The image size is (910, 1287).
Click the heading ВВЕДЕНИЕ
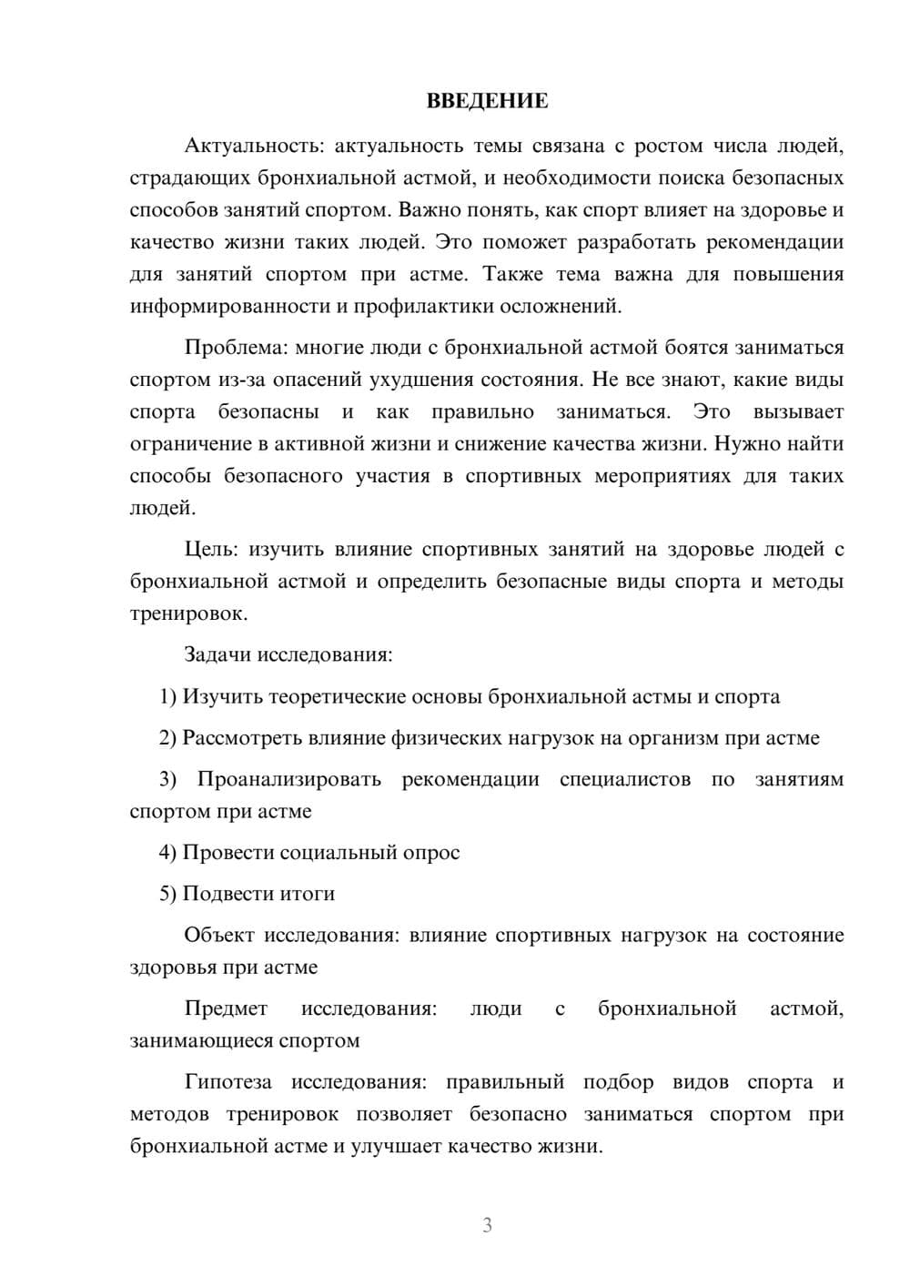tap(487, 101)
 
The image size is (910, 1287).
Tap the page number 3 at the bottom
tap(487, 1225)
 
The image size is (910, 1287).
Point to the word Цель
tap(210, 549)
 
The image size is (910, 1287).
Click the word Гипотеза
tap(227, 1082)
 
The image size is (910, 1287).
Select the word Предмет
tap(226, 1008)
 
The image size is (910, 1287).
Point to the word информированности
tap(230, 307)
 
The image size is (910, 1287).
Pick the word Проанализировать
tap(288, 780)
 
